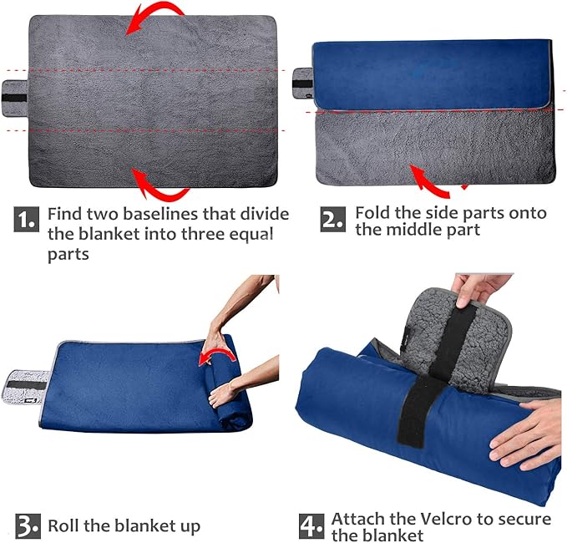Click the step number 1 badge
click(x=26, y=220)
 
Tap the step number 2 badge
click(x=332, y=220)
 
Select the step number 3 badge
click(x=26, y=526)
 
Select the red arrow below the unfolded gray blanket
click(x=159, y=184)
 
